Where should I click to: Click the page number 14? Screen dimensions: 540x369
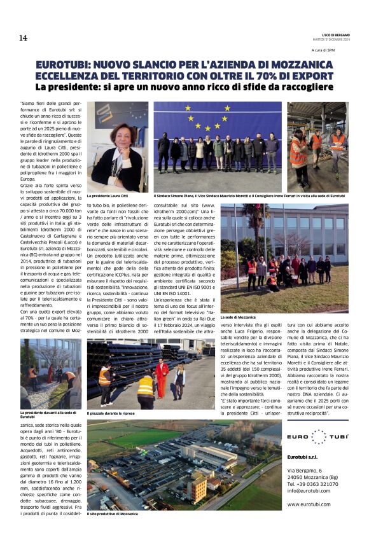(x=23, y=38)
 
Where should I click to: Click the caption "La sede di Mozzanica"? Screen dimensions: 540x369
(x=238, y=317)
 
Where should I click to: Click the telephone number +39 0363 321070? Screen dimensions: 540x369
(x=312, y=483)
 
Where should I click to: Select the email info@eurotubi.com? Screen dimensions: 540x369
(x=309, y=490)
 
